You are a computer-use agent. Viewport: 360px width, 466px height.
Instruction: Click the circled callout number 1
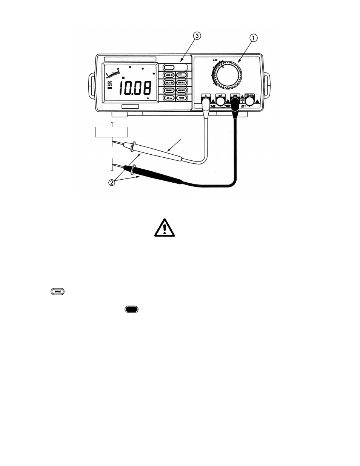(254, 37)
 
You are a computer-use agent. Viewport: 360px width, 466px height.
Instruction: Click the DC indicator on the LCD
(110, 83)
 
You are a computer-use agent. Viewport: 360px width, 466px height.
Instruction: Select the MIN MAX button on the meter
(169, 90)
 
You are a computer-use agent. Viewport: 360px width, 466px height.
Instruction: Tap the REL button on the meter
(169, 97)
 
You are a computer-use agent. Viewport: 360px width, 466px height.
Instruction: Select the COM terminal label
(234, 95)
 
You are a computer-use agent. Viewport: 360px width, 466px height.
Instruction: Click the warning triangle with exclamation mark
(164, 228)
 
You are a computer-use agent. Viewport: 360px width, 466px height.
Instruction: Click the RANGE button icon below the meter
(58, 291)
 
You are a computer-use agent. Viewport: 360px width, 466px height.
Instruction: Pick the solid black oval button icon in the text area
(131, 309)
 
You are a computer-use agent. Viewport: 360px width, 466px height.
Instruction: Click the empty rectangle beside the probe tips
(111, 132)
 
